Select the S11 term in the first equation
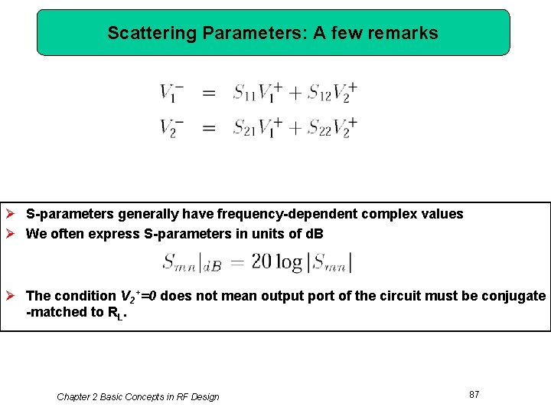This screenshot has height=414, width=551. coord(246,94)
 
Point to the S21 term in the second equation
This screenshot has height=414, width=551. coord(246,127)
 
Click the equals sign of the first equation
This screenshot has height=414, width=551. coord(208,94)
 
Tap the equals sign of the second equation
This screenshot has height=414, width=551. coord(208,127)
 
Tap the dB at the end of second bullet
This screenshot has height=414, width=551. coord(315,234)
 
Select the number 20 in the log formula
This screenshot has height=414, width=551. coord(262,262)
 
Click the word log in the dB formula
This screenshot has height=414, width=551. coord(289,262)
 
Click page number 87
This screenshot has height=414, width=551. coord(474,394)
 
